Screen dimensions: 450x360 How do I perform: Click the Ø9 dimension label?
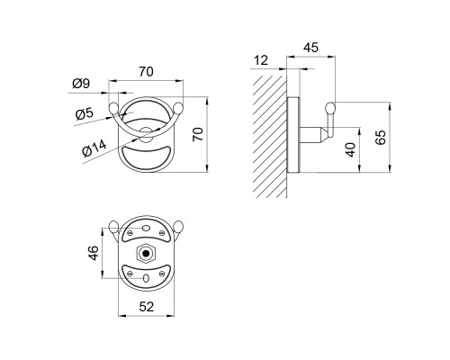81,83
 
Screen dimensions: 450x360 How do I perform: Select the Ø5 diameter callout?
85,113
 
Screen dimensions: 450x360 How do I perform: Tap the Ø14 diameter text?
94,148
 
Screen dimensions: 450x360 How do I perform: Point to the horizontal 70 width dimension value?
146,72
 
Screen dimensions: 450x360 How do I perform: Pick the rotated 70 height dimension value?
198,134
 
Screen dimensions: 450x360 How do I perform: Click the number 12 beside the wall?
261,60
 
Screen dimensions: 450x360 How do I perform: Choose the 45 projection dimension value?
310,48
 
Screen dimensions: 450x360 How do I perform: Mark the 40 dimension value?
350,149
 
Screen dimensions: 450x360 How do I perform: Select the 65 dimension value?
381,138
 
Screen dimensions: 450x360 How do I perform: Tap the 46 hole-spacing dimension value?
94,253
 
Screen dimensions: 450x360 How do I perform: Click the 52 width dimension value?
147,307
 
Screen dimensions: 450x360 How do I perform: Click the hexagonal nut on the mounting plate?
146,254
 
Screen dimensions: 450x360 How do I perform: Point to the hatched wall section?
270,137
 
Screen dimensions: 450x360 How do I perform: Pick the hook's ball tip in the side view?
330,108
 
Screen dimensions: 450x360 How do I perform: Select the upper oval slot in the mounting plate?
146,229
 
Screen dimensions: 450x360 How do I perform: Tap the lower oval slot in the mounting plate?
146,278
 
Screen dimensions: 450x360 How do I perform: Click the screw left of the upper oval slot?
130,233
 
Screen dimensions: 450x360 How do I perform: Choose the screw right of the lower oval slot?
162,274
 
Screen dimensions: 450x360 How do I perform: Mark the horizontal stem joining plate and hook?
311,134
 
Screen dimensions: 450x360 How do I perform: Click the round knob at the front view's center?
146,134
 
